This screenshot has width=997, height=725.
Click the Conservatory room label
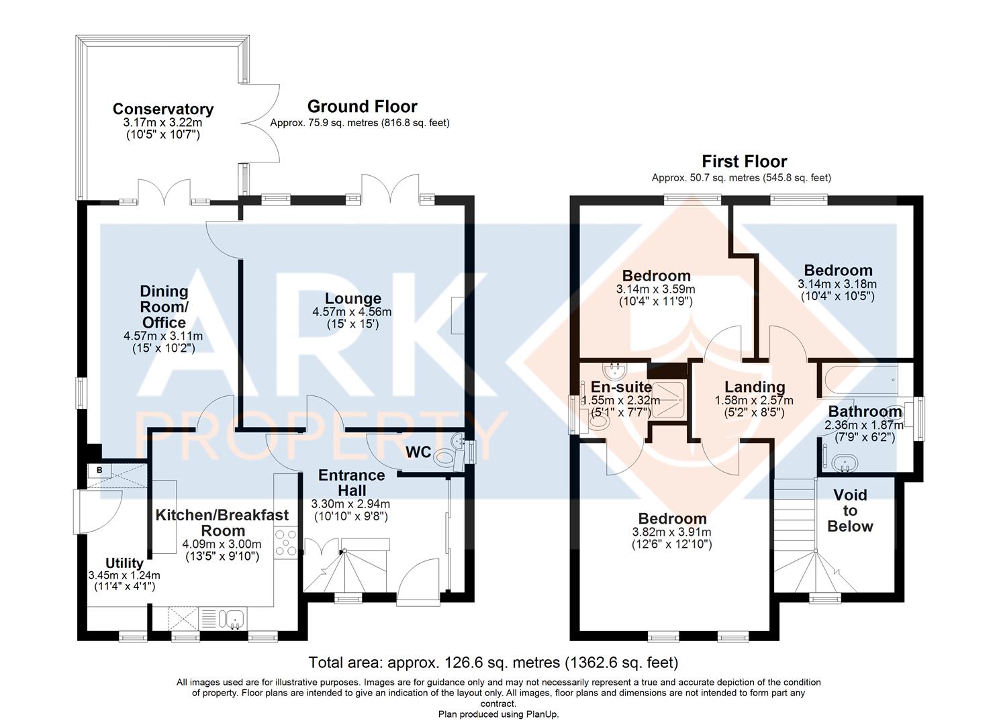163,109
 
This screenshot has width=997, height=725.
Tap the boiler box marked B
99,470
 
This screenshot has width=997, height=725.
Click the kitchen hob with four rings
286,542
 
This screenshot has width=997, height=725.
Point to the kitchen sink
234,619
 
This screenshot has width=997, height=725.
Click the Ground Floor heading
363,107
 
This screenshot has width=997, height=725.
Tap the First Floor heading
744,161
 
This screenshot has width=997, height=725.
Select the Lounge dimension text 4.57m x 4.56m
352,311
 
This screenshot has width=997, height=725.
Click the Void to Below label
850,510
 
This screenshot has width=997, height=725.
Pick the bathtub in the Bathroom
859,379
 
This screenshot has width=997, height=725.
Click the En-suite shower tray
668,399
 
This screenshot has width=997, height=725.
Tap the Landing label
755,387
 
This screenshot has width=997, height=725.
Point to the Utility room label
124,563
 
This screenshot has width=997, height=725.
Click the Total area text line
493,663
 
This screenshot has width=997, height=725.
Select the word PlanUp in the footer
541,714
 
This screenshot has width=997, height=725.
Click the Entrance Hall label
352,483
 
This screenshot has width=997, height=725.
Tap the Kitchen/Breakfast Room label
222,523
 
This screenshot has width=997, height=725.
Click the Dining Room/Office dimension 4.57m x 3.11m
163,336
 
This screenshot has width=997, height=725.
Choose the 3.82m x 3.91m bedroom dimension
672,532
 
